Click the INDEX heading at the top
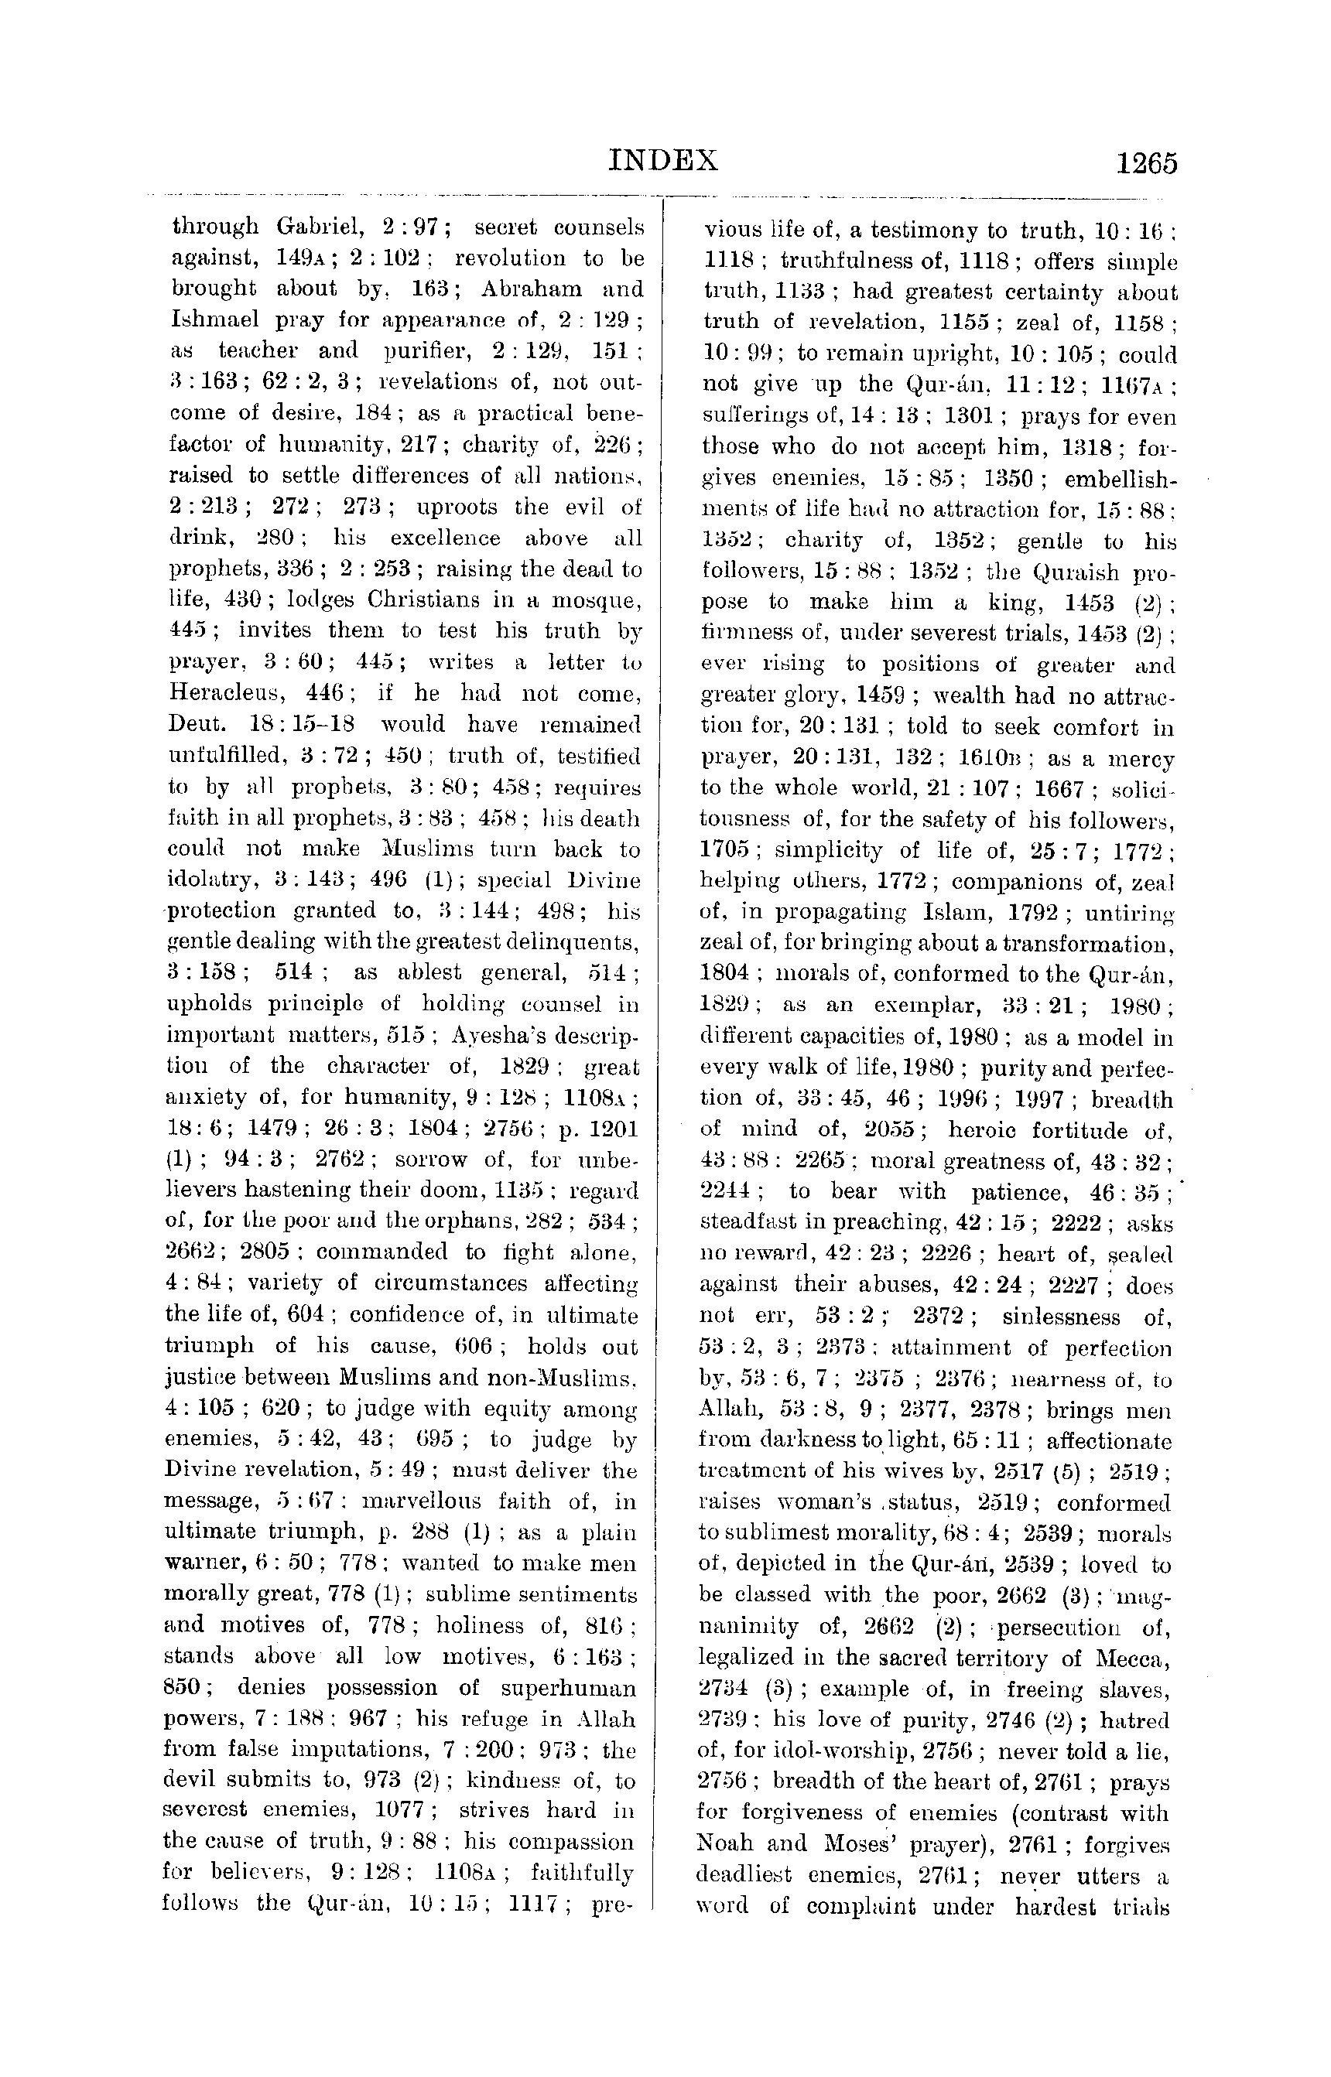[x=664, y=161]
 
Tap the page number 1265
[x=1146, y=163]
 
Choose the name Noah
[x=725, y=1843]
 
